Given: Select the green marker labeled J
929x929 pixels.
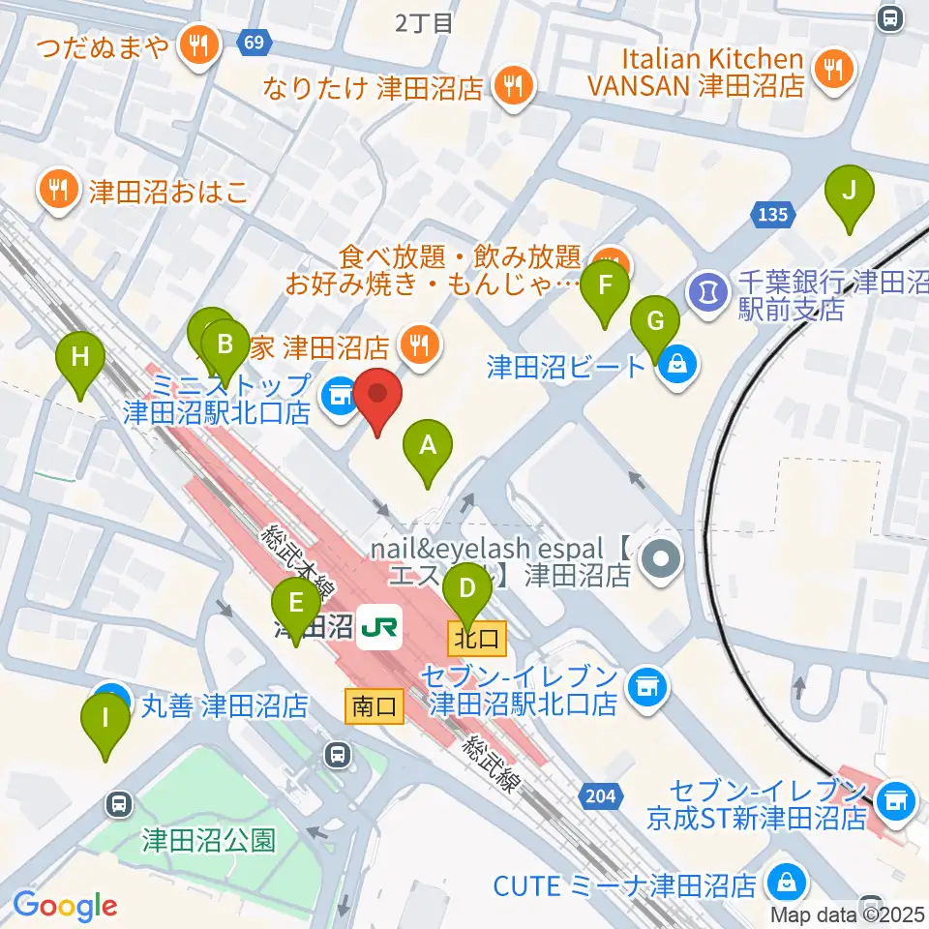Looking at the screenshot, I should click(849, 192).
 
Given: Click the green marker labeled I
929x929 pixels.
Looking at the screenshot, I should click(105, 722).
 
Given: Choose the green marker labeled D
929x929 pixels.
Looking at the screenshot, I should click(466, 589).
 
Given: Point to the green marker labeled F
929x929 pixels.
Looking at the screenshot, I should click(606, 288).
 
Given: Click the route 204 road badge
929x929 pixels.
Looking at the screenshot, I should click(599, 794).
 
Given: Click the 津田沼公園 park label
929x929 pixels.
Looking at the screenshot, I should click(210, 839).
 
